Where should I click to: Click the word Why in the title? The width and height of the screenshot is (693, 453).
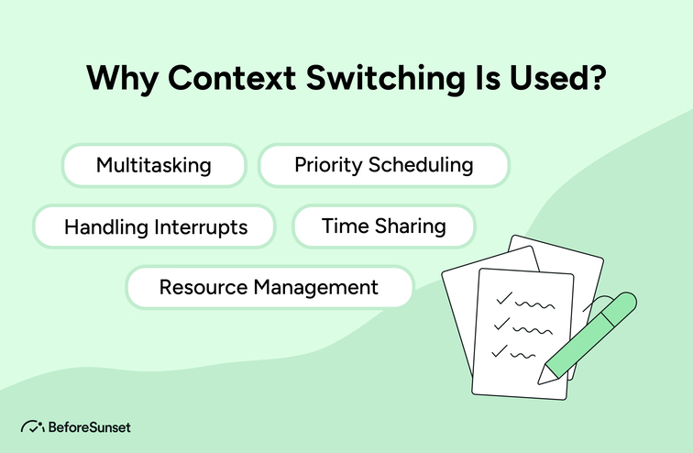[122, 79]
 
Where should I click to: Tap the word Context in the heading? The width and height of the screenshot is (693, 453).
[232, 78]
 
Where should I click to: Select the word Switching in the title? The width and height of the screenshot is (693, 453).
[385, 79]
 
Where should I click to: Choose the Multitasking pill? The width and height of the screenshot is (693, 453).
[154, 165]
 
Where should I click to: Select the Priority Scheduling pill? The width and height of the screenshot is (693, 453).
[383, 165]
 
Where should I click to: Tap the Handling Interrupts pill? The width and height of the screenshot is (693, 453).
[154, 226]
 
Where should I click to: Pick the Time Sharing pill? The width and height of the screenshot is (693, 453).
[383, 226]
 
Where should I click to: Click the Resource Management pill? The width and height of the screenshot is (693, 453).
[269, 287]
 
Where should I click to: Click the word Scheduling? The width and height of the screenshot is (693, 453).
[421, 165]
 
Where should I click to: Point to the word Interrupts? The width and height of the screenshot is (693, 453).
[201, 227]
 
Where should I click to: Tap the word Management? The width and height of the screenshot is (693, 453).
[315, 288]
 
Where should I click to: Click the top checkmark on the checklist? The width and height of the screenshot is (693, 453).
[504, 298]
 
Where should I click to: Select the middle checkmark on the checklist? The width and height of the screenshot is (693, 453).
[501, 324]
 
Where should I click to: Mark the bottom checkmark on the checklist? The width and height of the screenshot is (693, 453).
[500, 350]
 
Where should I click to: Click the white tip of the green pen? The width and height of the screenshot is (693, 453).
[544, 376]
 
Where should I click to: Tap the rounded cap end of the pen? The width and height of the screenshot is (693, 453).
[628, 302]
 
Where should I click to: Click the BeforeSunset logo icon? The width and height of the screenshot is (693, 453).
[33, 426]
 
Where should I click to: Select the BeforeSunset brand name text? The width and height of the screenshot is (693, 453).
[90, 427]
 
